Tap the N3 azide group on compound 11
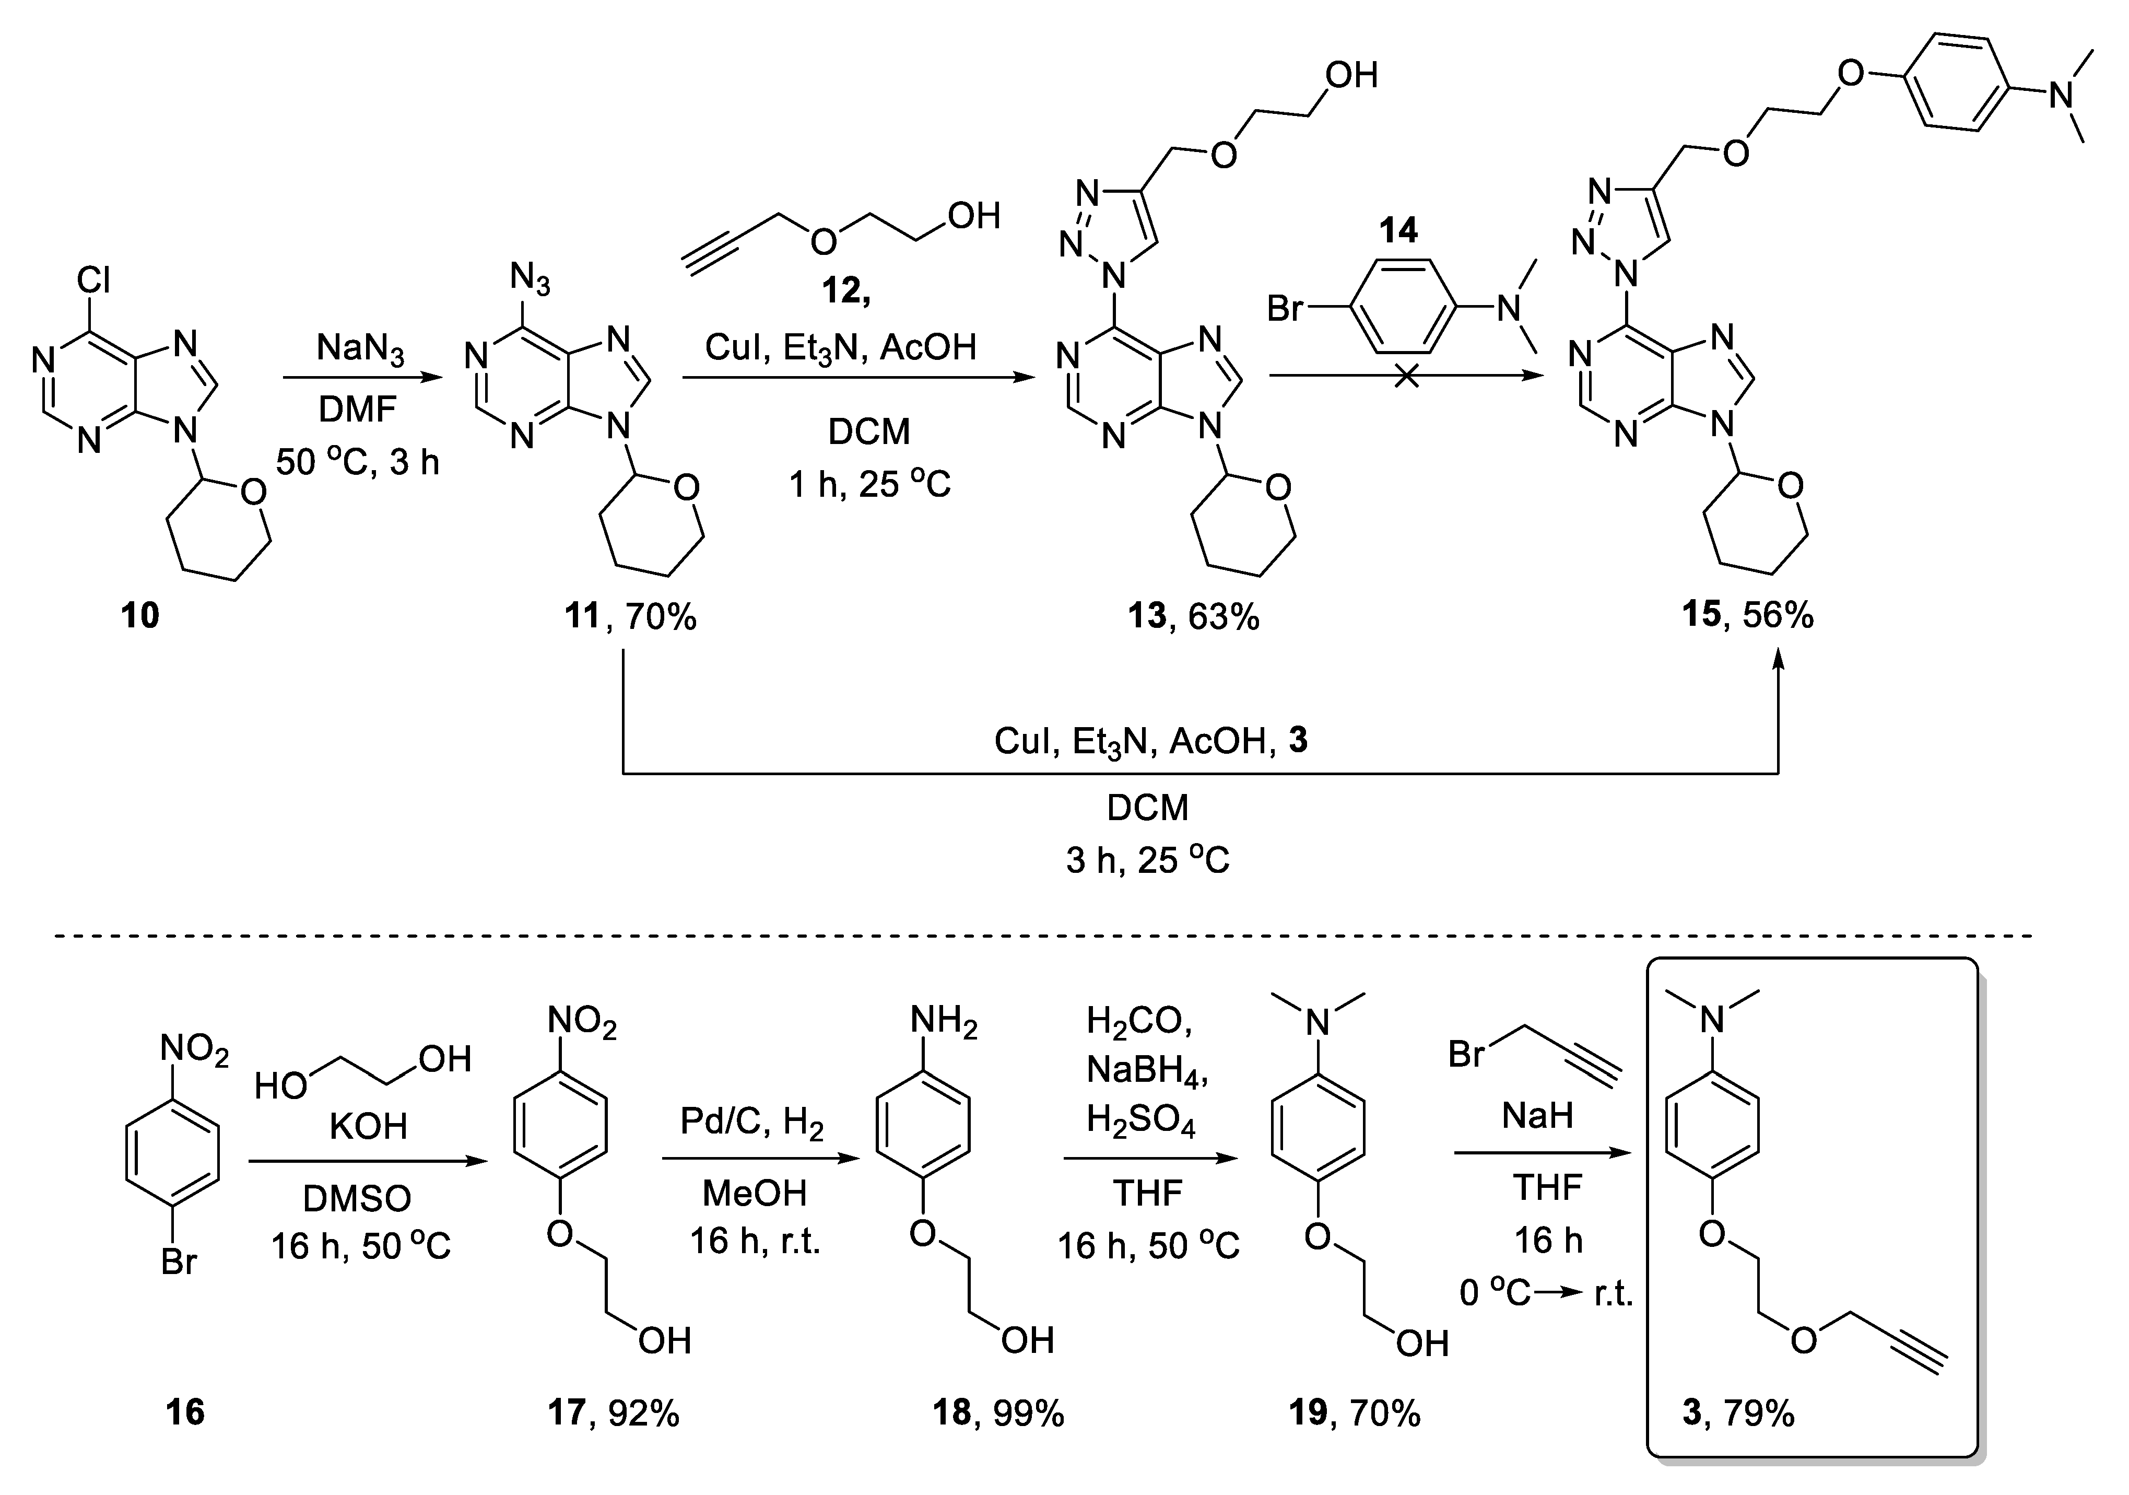pos(530,279)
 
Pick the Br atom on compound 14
pos(1285,308)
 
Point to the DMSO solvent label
pos(357,1199)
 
